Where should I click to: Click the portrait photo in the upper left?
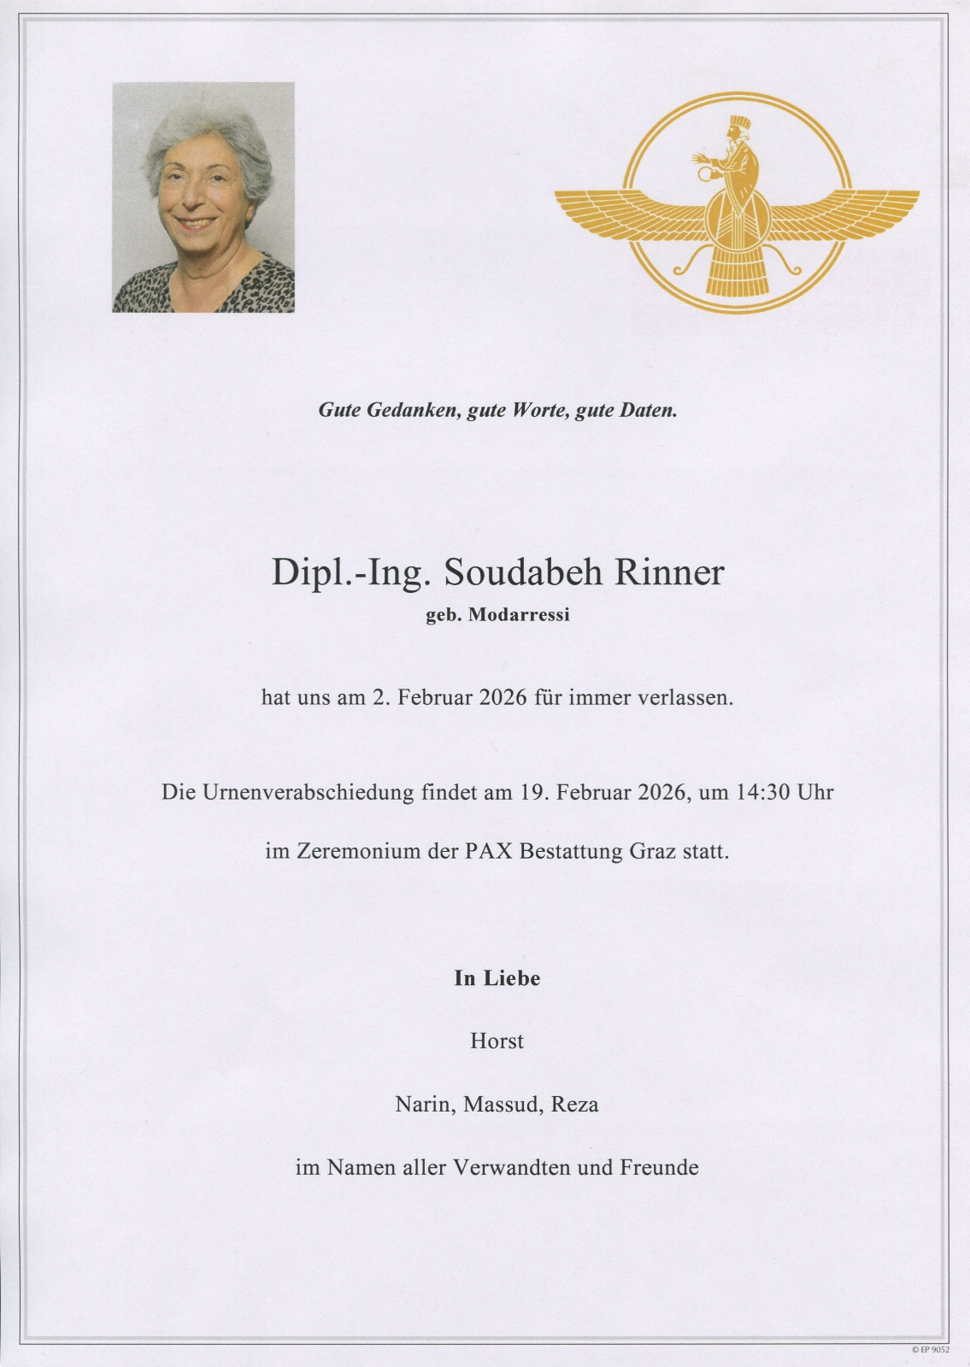pyautogui.click(x=203, y=197)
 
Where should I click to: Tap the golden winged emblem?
pyautogui.click(x=737, y=205)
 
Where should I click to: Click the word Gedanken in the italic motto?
pyautogui.click(x=414, y=411)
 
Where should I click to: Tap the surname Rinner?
pyautogui.click(x=668, y=573)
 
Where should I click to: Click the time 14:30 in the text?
pyautogui.click(x=762, y=792)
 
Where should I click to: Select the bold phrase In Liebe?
pyautogui.click(x=497, y=979)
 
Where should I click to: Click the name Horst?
pyautogui.click(x=497, y=1041)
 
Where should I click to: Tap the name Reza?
pyautogui.click(x=574, y=1105)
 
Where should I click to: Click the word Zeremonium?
pyautogui.click(x=357, y=852)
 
